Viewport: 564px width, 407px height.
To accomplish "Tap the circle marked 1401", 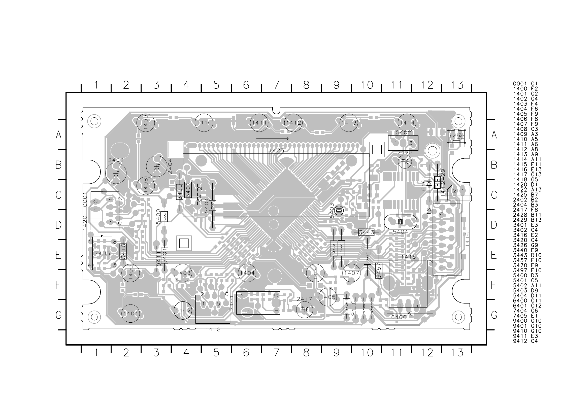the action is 130,313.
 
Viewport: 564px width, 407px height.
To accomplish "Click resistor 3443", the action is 366,232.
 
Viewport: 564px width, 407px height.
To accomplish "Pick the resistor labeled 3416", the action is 123,251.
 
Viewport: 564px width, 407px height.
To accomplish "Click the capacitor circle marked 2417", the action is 305,310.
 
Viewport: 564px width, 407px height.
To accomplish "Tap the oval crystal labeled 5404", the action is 400,222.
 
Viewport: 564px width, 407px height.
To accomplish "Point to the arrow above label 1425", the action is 272,139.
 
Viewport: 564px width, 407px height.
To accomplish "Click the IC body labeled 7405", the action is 102,253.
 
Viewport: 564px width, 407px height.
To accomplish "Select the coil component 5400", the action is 164,216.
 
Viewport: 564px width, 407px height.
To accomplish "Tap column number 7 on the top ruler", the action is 276,85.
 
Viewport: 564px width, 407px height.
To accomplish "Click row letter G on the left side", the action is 58,315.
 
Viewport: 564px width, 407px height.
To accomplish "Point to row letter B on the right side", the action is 494,165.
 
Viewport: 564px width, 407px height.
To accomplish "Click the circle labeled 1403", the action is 183,273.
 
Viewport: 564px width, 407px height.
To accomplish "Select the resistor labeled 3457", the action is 379,270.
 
